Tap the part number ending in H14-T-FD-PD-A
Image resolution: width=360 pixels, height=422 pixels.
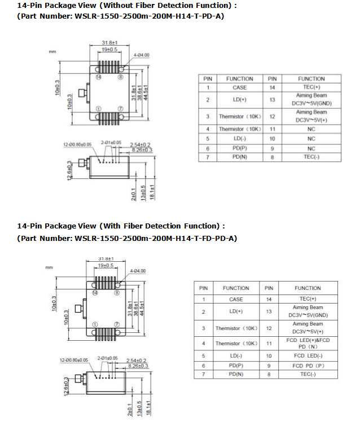127,238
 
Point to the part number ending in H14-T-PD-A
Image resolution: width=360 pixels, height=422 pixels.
121,16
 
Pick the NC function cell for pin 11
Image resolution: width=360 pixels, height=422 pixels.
311,129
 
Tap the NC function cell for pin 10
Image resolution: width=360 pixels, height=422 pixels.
311,138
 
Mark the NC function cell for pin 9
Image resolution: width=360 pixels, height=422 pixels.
311,148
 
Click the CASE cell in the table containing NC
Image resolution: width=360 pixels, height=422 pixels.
239,87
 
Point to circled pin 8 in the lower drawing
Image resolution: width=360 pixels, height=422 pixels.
117,293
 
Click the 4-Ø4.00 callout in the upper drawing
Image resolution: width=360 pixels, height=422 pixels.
142,55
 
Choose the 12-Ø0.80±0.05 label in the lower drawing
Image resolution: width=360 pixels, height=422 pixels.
74,359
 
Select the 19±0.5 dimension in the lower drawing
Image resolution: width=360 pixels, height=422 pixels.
106,265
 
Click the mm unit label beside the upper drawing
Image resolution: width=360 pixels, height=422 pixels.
52,52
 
